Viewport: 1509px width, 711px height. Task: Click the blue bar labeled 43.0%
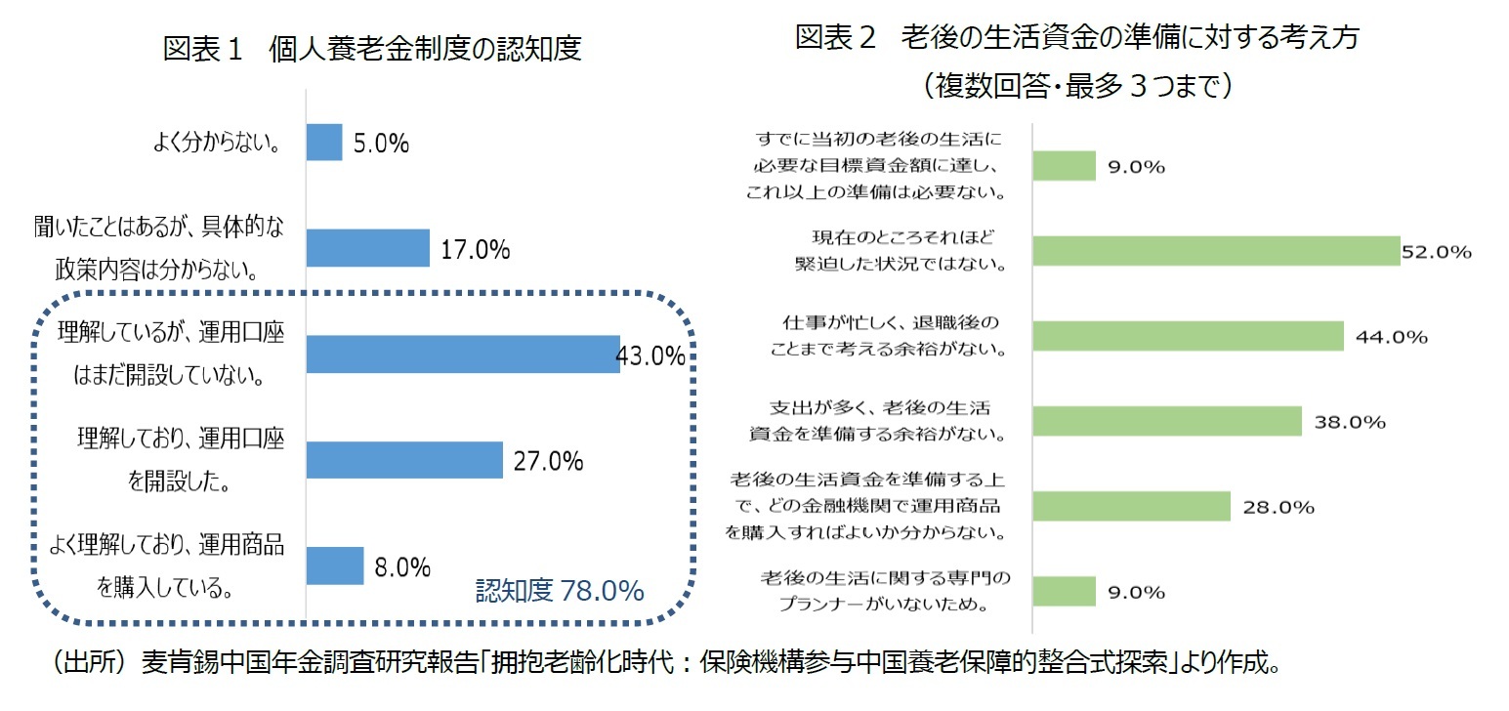(x=462, y=354)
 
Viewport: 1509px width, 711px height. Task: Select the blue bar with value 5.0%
(x=324, y=143)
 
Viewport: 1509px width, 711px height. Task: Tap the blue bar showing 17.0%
(x=368, y=248)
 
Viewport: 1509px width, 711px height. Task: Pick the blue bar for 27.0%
(x=404, y=460)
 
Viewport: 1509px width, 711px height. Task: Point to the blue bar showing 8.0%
(x=335, y=565)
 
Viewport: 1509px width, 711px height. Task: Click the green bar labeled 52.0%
(x=1216, y=251)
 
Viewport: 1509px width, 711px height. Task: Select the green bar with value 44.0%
(x=1188, y=336)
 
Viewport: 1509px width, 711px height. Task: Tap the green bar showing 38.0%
(x=1167, y=422)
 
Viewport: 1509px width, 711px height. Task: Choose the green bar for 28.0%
(x=1131, y=507)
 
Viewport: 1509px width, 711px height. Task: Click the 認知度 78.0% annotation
(x=559, y=591)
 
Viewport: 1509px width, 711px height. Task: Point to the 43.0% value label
(x=650, y=356)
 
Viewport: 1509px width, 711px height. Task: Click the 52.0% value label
(x=1436, y=252)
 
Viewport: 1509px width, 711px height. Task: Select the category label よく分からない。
(x=217, y=145)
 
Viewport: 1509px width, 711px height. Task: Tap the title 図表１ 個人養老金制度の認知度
(x=372, y=49)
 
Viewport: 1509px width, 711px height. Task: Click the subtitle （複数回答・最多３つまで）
(x=1076, y=87)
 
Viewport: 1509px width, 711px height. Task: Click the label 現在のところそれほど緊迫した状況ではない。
(x=900, y=250)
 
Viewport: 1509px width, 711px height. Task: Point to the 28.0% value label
(x=1278, y=508)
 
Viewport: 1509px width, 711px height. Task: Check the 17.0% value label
(x=475, y=251)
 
